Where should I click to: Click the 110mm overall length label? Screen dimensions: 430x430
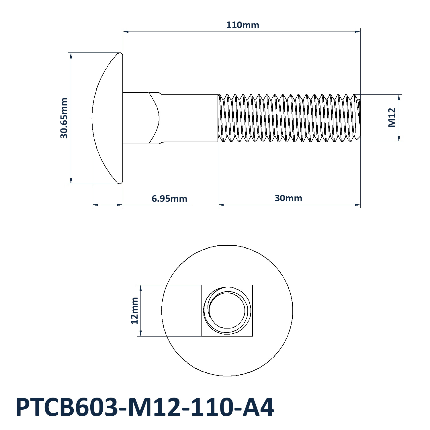[x=243, y=25]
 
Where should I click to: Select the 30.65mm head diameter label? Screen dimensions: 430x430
[x=64, y=118]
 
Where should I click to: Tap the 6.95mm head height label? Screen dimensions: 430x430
[x=169, y=198]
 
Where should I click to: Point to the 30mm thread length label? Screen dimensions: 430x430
[x=288, y=198]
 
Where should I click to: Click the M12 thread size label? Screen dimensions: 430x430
[x=392, y=118]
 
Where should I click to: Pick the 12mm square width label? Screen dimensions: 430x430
[x=134, y=311]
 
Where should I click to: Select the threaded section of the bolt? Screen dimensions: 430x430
[x=289, y=118]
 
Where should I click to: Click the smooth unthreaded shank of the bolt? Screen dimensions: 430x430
[x=189, y=118]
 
